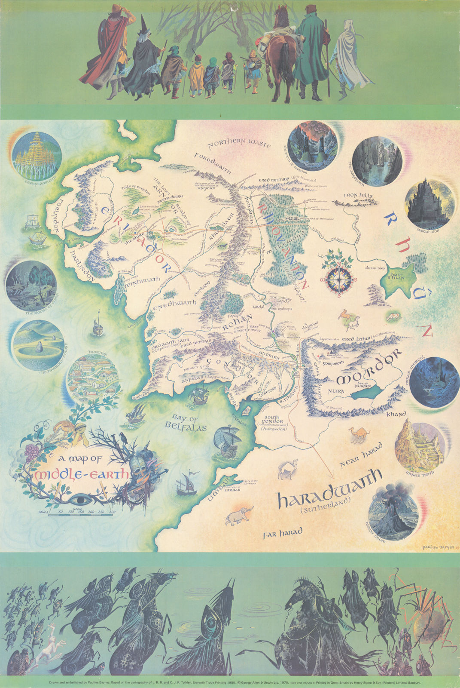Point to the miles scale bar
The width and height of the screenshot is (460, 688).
(x=82, y=513)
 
